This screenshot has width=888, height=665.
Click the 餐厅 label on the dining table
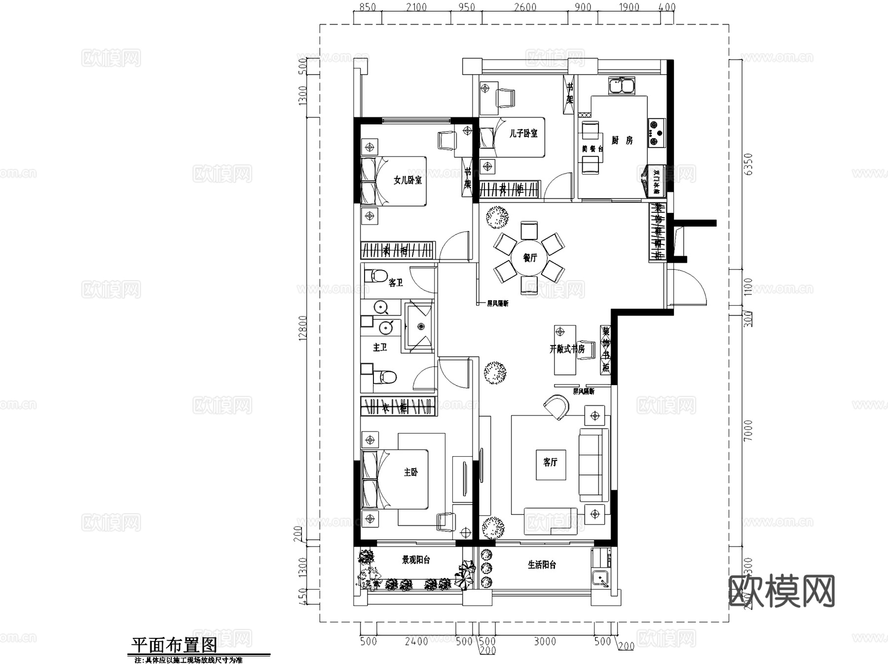click(530, 258)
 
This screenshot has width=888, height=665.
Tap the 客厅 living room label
click(550, 462)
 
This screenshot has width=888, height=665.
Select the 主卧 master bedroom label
click(411, 472)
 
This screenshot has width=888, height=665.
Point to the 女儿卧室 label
click(407, 180)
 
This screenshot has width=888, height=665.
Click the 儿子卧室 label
click(523, 133)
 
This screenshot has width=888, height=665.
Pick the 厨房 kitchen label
click(622, 141)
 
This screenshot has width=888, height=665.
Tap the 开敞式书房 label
click(567, 349)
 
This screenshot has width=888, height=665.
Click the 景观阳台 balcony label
click(416, 560)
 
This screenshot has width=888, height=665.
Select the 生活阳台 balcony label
click(542, 565)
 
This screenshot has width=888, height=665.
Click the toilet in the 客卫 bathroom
click(377, 275)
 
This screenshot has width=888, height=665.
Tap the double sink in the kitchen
click(621, 86)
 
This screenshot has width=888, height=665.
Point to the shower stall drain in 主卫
click(421, 326)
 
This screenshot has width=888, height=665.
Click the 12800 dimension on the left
click(303, 328)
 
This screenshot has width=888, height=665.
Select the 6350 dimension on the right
click(748, 164)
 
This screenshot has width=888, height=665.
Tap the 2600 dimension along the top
click(525, 7)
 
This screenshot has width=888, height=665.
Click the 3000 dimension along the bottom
click(545, 641)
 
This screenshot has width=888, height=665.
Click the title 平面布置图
click(174, 645)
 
